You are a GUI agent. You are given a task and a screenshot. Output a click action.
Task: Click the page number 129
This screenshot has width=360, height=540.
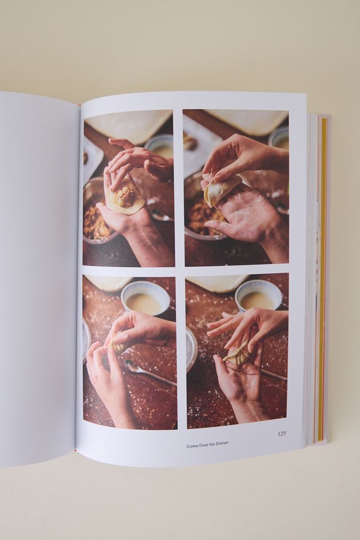pos(282,433)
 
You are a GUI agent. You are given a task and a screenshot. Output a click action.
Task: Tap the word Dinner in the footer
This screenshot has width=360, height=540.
pos(220,444)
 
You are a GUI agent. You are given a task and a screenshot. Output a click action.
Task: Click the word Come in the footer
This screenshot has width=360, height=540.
pos(192,445)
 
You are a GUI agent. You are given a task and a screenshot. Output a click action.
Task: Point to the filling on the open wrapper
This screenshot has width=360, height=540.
pos(125,197)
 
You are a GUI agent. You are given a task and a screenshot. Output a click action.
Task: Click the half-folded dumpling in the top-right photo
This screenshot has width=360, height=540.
pos(220,189)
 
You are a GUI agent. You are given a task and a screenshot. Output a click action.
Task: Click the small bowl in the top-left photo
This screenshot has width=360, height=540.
pos(160,146)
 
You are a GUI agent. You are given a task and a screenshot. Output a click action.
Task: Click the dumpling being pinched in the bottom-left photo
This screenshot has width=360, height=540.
pos(118,344)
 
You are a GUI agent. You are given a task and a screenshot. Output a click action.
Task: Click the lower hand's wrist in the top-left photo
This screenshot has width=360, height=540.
pos(141,236)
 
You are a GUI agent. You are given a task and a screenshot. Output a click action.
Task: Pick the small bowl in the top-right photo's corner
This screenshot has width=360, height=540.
pos(280,138)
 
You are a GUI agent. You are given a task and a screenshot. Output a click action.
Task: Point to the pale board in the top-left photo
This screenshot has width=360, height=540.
pos(129,124)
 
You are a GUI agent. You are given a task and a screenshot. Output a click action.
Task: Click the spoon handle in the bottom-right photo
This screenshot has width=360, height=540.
pos(273,374)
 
